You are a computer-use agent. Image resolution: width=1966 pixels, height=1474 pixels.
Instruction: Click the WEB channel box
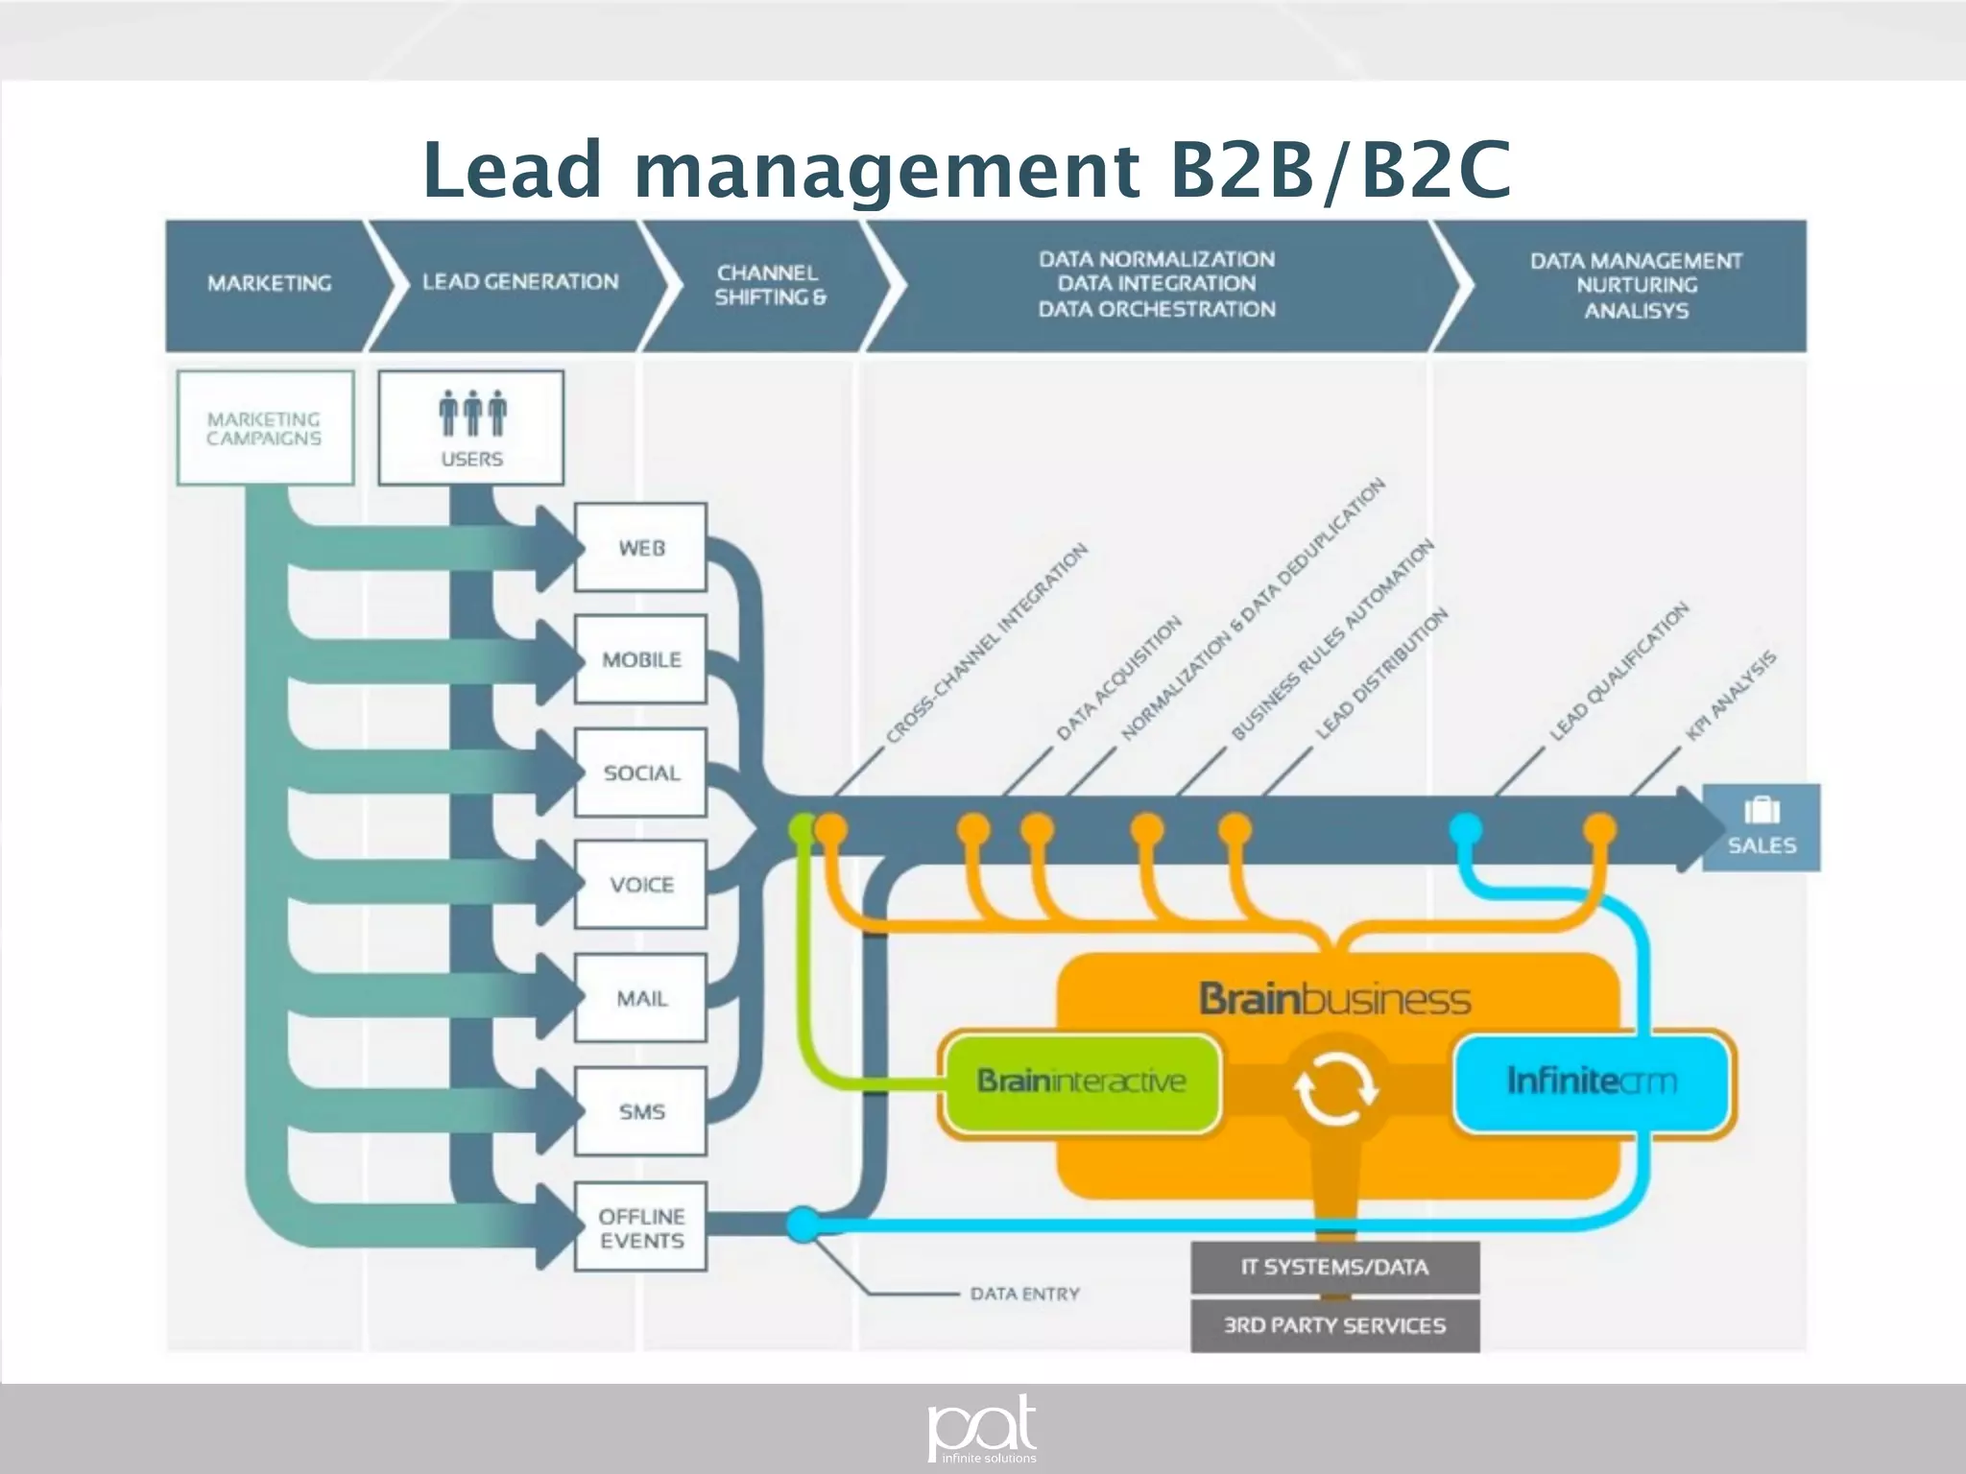point(640,547)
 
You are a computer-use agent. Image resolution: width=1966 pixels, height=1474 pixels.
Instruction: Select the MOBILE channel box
point(640,659)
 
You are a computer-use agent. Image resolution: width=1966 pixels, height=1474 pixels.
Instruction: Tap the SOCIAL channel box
point(640,773)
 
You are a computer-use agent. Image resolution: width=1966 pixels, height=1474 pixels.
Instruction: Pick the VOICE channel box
point(640,884)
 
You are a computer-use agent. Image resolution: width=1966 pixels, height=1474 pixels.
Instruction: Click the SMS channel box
point(640,1111)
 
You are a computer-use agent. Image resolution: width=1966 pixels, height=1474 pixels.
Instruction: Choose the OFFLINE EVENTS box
point(640,1227)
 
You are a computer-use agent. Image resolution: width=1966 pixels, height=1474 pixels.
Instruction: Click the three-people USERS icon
point(471,414)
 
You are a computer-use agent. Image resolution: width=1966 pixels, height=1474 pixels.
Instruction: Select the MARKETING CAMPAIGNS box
point(265,428)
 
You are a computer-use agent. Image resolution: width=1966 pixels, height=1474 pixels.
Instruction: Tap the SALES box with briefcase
point(1761,827)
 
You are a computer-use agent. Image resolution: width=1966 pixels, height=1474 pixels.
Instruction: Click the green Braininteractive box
point(1081,1082)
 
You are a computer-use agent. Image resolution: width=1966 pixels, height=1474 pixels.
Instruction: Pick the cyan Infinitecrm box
point(1591,1082)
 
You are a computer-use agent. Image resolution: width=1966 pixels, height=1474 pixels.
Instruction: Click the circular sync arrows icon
point(1334,1090)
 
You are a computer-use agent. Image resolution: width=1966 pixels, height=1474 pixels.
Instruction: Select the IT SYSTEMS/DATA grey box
point(1334,1267)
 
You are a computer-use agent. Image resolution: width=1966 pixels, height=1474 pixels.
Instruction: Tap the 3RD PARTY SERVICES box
point(1334,1325)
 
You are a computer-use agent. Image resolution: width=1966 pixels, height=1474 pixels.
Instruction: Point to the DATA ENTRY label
point(1024,1294)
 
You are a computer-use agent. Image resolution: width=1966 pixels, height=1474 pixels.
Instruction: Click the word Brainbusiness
point(1334,999)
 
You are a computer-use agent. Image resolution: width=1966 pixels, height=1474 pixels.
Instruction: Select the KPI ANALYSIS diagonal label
point(1732,696)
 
